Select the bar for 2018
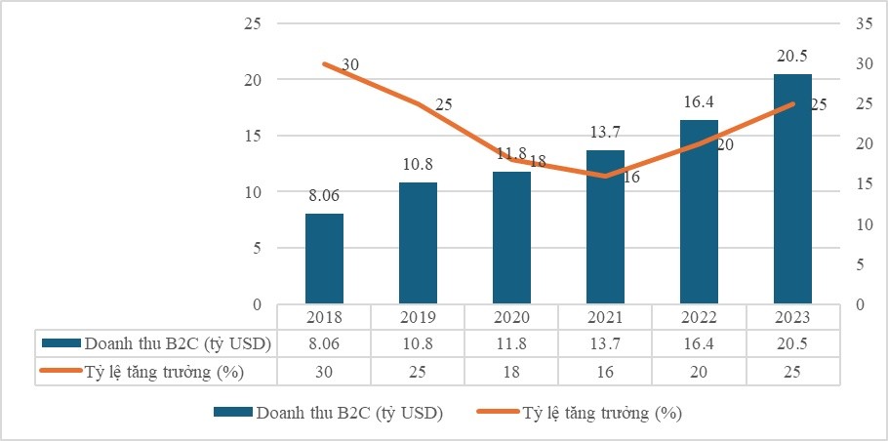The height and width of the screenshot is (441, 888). coord(324,259)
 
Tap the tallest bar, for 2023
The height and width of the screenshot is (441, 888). coord(792,189)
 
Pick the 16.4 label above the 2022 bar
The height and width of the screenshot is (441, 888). coord(699,100)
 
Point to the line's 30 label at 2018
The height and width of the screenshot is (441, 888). coord(351,65)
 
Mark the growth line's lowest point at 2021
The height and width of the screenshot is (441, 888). coord(605,176)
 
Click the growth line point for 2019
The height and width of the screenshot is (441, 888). coord(418,104)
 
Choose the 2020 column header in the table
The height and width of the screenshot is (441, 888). coord(511,318)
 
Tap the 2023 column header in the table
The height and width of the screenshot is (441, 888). coord(792,318)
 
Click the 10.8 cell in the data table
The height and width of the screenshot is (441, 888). coord(418,343)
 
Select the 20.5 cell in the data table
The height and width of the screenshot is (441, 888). coord(792,343)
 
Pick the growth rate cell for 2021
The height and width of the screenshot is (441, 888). coord(605,371)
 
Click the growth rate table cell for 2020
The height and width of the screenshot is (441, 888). coord(511,371)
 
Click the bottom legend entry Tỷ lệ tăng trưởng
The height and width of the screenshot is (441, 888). coord(600,414)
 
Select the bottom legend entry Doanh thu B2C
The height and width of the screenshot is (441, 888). coord(349,414)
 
